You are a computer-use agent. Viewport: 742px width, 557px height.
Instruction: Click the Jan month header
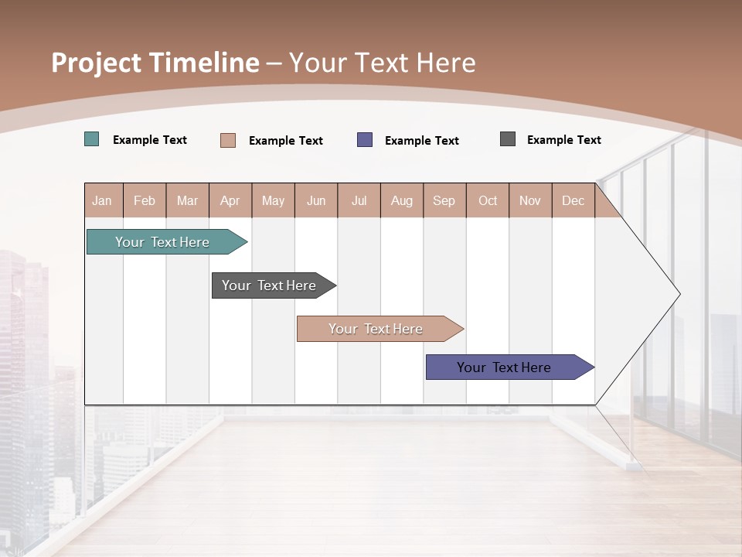[x=102, y=200]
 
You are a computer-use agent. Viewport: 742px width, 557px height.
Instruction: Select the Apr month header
[x=230, y=200]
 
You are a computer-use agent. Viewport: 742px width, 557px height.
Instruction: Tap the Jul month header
[x=359, y=200]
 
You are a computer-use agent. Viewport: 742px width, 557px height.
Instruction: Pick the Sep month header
[x=444, y=200]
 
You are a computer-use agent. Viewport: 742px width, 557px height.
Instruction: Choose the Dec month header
[x=573, y=200]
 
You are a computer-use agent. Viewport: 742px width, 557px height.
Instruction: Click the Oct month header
[x=488, y=200]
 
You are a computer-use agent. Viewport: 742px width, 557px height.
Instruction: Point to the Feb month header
[x=145, y=200]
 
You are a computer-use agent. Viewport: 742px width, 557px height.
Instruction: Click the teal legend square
[x=92, y=139]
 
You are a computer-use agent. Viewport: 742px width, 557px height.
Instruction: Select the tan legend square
[x=228, y=140]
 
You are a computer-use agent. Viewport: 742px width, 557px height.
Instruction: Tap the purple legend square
[x=365, y=140]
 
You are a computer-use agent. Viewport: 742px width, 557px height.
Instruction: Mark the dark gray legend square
[x=508, y=139]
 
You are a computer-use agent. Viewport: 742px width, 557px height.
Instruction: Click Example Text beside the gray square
[x=563, y=140]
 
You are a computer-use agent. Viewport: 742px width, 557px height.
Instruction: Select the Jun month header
[x=316, y=200]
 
